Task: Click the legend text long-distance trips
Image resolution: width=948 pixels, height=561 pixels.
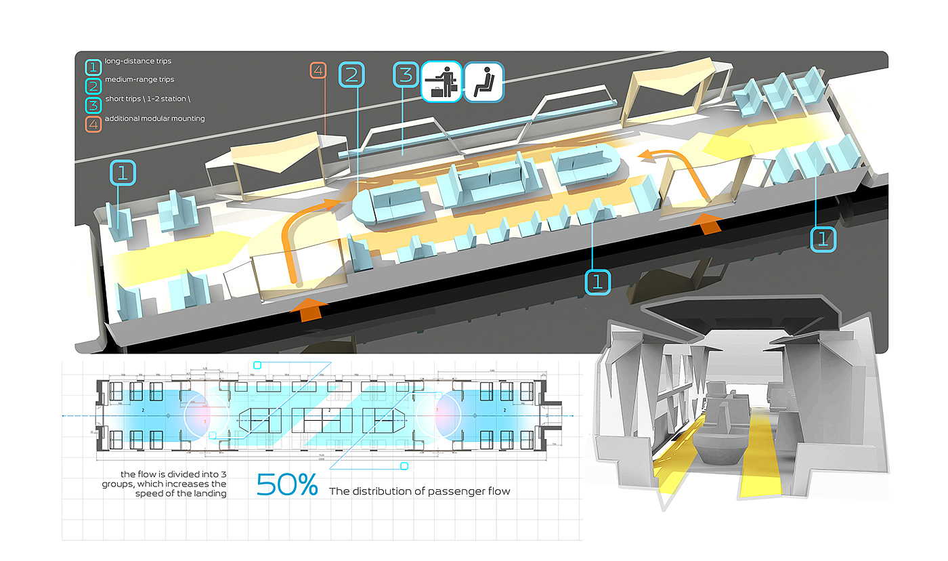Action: click(138, 62)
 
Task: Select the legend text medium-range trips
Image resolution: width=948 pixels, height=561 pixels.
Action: click(139, 80)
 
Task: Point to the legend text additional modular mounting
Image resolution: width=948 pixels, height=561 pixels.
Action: click(154, 119)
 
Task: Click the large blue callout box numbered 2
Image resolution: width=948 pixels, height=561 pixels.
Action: click(352, 74)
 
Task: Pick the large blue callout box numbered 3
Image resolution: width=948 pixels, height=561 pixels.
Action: click(405, 74)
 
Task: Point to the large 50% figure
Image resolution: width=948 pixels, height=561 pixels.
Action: click(287, 485)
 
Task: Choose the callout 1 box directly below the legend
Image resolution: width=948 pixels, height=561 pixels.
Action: click(123, 173)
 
